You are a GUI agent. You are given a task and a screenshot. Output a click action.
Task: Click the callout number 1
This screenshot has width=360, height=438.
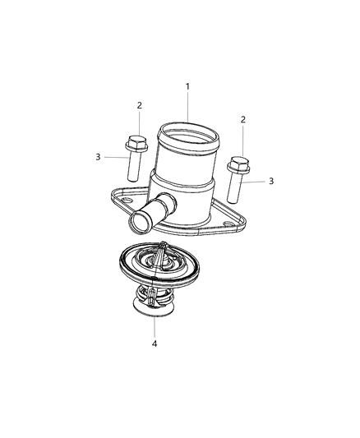(x=187, y=86)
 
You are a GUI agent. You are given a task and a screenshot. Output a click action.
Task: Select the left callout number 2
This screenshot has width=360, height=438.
(x=139, y=105)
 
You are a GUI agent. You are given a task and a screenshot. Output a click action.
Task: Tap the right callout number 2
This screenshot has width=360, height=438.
(x=242, y=120)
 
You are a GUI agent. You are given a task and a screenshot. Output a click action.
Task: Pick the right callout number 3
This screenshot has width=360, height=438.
(x=270, y=180)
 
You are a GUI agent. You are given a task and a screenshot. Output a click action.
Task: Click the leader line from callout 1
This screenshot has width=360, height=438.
(x=187, y=106)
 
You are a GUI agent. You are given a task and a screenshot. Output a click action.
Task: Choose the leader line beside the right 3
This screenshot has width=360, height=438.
(x=256, y=180)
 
